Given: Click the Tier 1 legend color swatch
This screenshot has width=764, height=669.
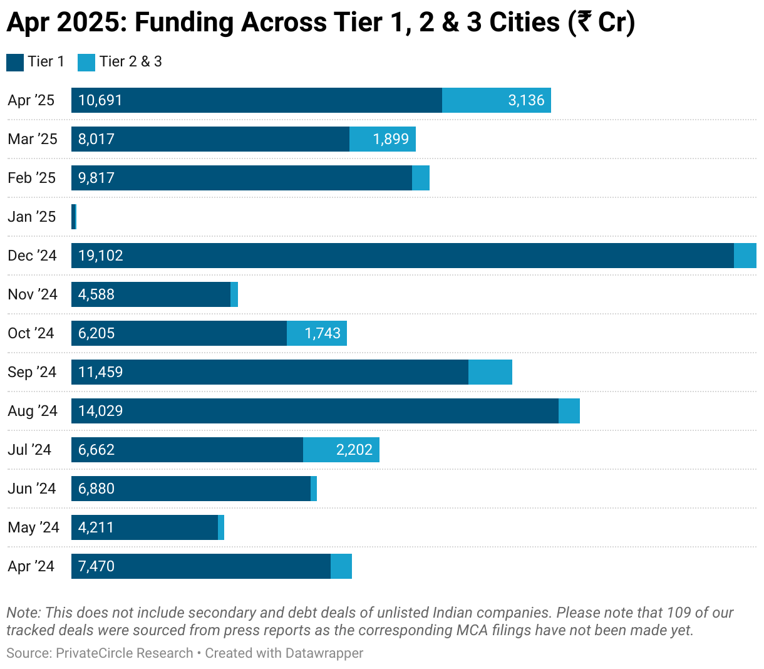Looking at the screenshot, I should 15,62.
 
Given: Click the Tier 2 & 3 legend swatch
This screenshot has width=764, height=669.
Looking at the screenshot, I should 86,62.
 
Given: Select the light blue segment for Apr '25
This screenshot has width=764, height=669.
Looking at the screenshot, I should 496,100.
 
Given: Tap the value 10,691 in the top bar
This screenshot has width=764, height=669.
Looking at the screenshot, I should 100,100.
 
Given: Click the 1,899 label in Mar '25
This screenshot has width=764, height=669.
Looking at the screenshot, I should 391,139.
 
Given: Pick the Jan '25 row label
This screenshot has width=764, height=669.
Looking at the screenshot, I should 32,217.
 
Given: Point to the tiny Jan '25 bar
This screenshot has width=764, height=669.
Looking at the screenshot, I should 74,217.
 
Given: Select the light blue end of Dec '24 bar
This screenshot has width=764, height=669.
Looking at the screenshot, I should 745,256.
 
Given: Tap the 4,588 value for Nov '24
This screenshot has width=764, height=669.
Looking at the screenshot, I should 96,294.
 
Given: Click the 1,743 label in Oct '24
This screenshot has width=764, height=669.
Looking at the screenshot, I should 323,333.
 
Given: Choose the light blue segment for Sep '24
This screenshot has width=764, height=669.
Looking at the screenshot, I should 490,372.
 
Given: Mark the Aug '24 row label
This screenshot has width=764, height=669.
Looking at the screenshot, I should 33,411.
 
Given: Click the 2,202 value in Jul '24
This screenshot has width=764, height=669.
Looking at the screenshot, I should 354,450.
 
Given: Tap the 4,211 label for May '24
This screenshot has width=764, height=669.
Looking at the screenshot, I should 96,527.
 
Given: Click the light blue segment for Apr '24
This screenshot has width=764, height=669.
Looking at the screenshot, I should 341,566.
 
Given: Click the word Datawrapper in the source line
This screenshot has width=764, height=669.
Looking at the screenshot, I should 324,653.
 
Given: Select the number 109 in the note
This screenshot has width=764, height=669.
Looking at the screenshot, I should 678,613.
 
